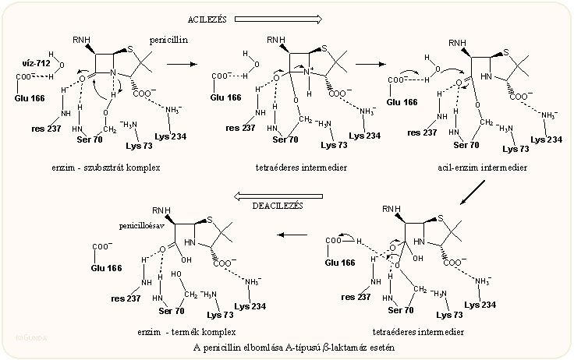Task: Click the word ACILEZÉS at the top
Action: [x=207, y=18]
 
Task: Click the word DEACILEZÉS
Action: [x=276, y=206]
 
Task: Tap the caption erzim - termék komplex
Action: [x=186, y=332]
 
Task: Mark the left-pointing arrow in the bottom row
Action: [x=294, y=235]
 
